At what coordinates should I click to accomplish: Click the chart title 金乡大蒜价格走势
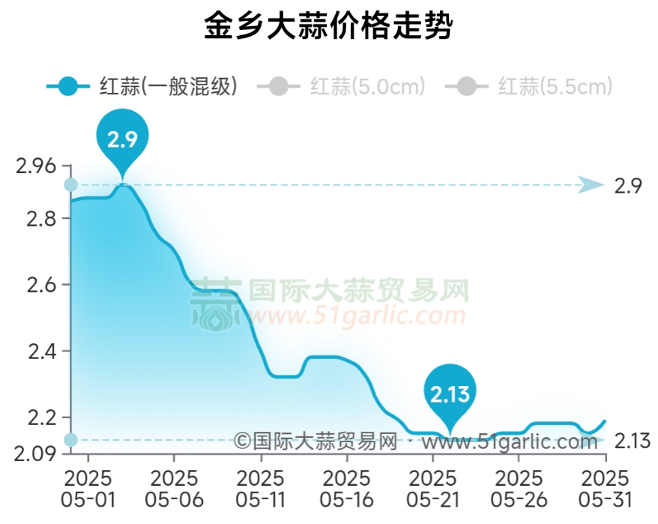pyautogui.click(x=328, y=28)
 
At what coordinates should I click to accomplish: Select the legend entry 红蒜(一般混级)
pyautogui.click(x=142, y=87)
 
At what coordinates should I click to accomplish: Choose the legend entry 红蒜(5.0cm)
pyautogui.click(x=341, y=87)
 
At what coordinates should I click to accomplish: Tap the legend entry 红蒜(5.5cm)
pyautogui.click(x=529, y=87)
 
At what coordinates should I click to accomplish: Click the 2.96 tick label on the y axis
pyautogui.click(x=35, y=165)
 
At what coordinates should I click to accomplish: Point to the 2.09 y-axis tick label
pyautogui.click(x=35, y=453)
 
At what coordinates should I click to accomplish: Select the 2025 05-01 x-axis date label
pyautogui.click(x=88, y=489)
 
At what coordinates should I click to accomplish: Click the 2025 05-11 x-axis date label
pyautogui.click(x=261, y=489)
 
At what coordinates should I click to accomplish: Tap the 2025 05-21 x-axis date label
pyautogui.click(x=433, y=489)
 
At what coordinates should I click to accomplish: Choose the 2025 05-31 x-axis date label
pyautogui.click(x=606, y=489)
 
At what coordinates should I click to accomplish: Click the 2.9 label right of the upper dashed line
pyautogui.click(x=628, y=186)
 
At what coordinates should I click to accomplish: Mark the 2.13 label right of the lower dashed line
pyautogui.click(x=631, y=441)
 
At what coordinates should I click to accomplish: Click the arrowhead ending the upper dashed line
pyautogui.click(x=591, y=184)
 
